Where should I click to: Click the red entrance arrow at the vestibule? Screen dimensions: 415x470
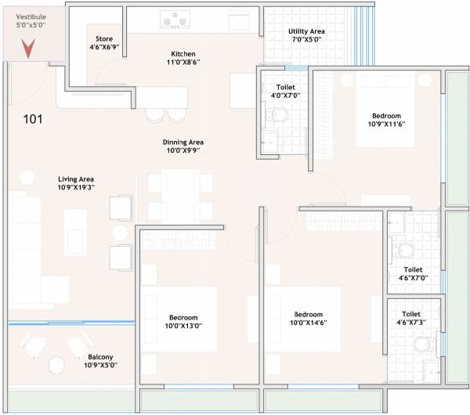27,49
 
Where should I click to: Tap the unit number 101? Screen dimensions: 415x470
32,120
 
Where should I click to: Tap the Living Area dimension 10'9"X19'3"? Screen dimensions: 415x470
75,188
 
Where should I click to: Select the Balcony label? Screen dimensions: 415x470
100,357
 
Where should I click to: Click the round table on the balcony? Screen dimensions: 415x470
56,364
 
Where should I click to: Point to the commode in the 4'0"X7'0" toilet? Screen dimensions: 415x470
278,115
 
